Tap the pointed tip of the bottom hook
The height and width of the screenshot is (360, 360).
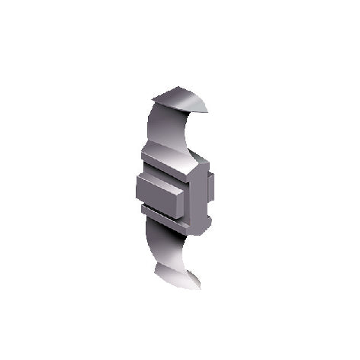(201, 288)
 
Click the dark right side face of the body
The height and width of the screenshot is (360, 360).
(202, 202)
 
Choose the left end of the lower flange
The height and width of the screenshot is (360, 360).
(143, 206)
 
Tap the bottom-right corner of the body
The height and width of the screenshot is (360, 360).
(200, 231)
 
